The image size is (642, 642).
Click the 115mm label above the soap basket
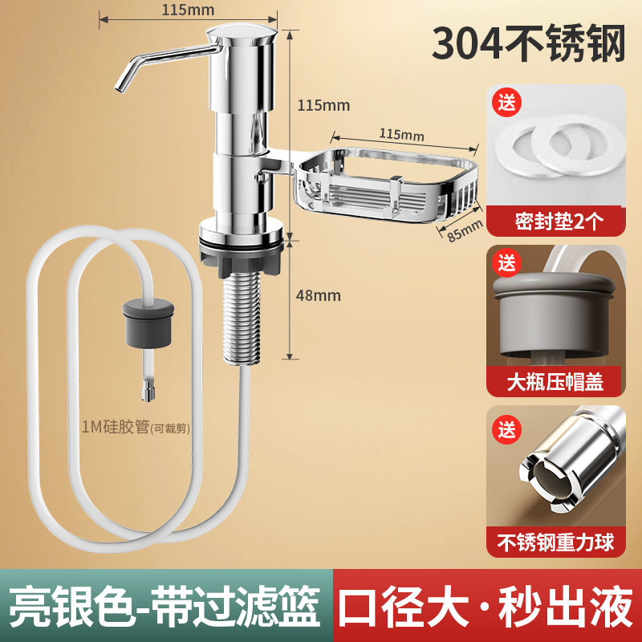coord(401,133)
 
